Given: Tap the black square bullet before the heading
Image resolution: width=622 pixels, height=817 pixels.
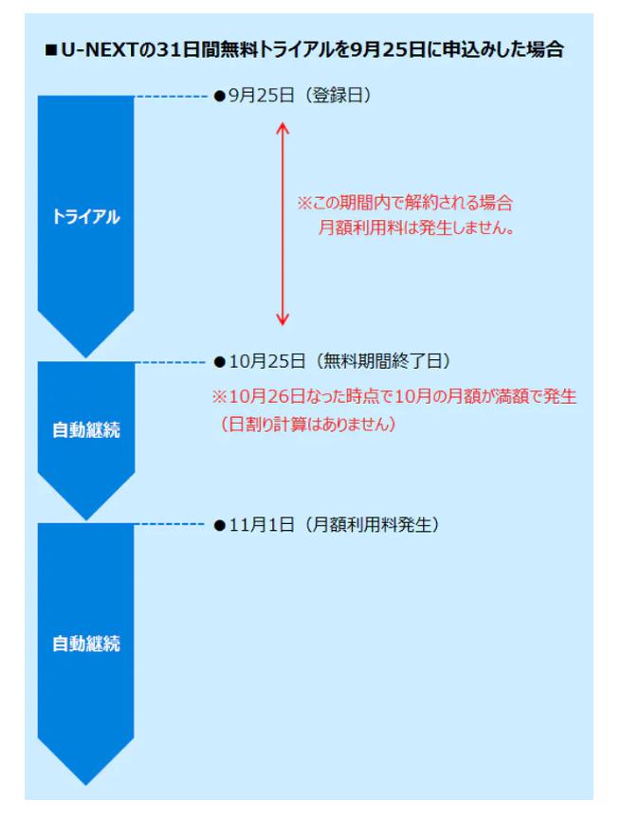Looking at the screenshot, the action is click(51, 50).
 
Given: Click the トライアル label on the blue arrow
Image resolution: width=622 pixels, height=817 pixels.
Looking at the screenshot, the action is click(86, 216).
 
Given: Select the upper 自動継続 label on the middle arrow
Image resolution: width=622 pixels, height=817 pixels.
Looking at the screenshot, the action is click(86, 430).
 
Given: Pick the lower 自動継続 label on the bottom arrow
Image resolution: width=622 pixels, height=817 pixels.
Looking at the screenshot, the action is click(86, 644).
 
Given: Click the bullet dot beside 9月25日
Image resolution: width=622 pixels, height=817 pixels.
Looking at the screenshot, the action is click(219, 96).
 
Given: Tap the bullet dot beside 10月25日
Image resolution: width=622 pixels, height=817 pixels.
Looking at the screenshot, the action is click(219, 362).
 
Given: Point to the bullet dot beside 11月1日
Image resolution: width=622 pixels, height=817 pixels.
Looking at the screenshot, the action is click(219, 525).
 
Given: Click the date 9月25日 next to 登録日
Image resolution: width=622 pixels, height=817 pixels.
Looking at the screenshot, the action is click(261, 96).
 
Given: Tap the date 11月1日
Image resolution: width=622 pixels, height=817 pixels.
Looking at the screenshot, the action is click(262, 524).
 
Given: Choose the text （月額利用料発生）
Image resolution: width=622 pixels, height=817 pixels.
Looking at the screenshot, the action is click(372, 524).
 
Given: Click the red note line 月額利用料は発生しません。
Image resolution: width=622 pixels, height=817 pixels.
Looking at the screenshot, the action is click(416, 227).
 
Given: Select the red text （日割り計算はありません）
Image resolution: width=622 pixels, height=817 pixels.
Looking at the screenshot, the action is click(307, 424).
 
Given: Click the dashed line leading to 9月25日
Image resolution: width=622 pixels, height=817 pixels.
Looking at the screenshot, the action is click(171, 97).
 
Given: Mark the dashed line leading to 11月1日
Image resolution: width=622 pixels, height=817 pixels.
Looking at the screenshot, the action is click(171, 524).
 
